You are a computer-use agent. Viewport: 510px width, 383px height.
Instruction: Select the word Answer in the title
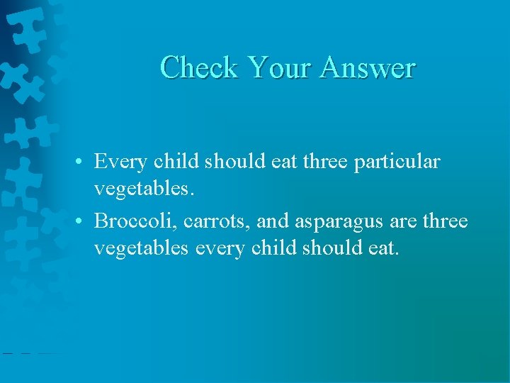coord(367,67)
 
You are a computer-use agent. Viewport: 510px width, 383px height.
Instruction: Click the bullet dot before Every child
coord(84,162)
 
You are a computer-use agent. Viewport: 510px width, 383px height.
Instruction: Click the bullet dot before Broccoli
coord(84,222)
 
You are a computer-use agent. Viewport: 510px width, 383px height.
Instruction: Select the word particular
coord(399,162)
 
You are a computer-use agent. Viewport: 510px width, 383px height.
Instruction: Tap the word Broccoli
coord(135,222)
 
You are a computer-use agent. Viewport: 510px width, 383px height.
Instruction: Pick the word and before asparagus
coord(273,222)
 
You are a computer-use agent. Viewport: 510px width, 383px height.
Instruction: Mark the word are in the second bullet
coord(403,223)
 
